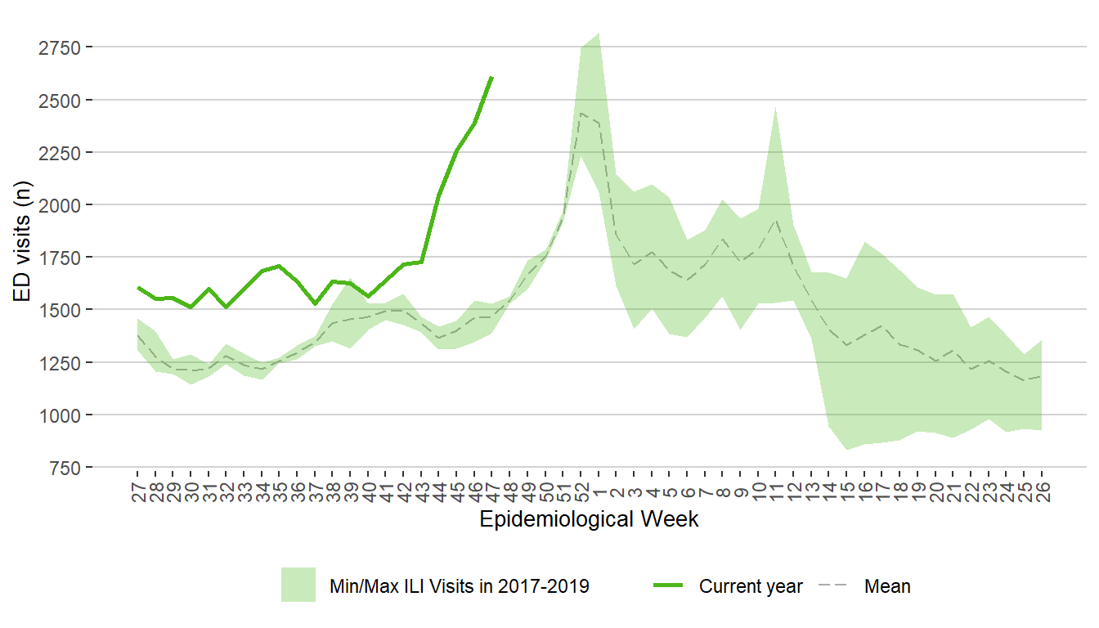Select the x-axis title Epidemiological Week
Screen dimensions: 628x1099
[589, 519]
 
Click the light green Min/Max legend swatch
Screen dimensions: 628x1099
[298, 585]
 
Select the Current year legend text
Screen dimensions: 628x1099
[751, 586]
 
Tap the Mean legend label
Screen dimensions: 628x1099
[887, 586]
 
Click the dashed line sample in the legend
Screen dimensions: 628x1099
[833, 585]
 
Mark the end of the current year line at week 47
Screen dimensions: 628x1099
[491, 77]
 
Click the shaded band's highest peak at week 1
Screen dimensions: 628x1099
[599, 34]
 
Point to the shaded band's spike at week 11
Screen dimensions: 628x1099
[775, 108]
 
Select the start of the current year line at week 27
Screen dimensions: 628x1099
[137, 287]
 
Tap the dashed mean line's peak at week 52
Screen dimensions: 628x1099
[581, 113]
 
